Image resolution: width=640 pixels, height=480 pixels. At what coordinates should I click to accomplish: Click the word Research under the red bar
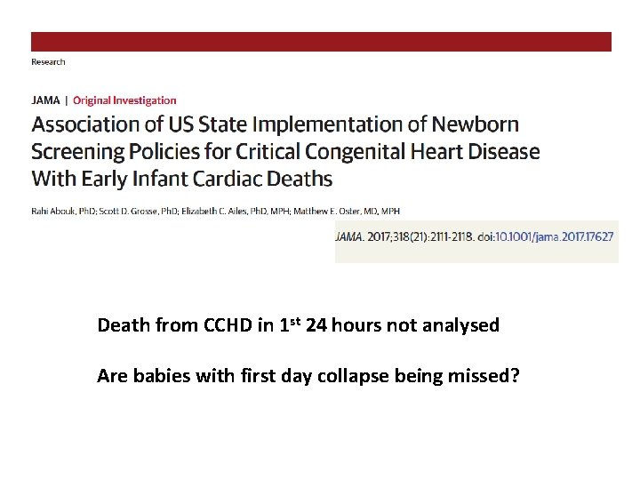coord(48,62)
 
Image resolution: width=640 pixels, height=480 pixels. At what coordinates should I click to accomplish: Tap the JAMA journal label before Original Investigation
coord(46,100)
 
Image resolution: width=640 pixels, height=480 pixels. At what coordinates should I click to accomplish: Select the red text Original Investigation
coord(124,100)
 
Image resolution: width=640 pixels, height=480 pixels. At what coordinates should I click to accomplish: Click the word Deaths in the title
coord(298,179)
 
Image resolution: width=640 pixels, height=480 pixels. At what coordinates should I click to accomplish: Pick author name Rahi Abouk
coord(52,211)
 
